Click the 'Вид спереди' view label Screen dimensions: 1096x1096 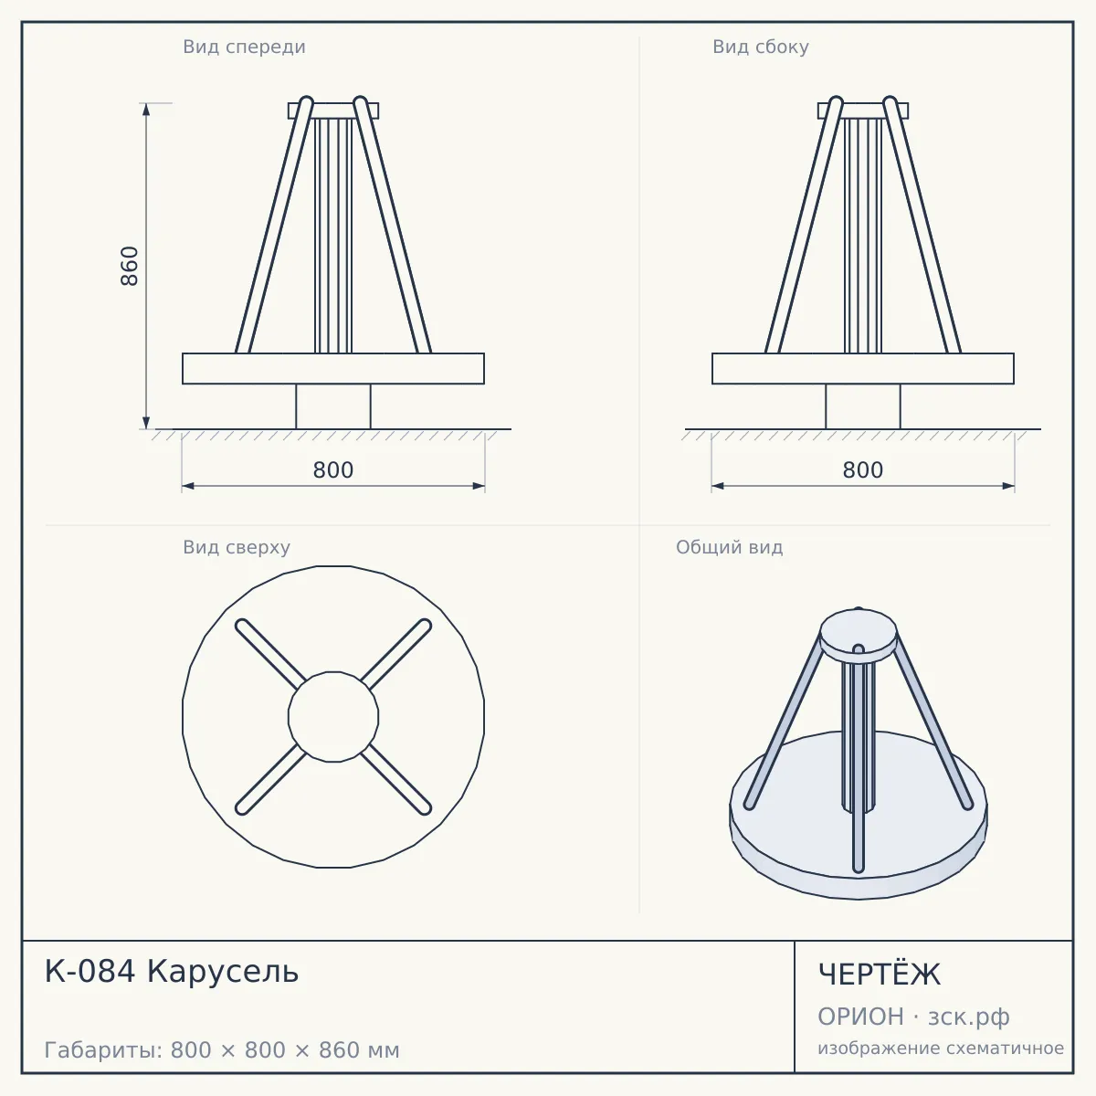coord(244,47)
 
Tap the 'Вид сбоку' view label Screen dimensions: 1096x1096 coord(761,47)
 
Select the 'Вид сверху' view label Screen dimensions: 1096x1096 coord(237,548)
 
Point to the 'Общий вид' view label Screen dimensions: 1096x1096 coord(729,547)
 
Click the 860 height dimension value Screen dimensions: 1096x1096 coord(131,266)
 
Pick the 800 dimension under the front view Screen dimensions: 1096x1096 coord(333,470)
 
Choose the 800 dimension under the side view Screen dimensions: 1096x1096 coord(863,470)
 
